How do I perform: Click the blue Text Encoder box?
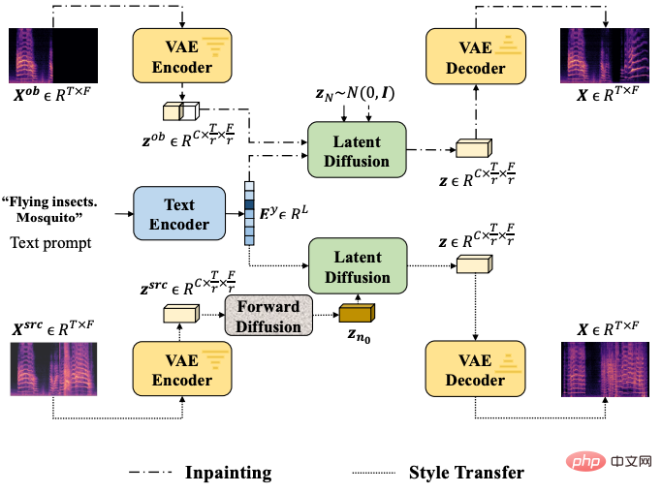pos(179,213)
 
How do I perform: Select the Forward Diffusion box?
pos(268,316)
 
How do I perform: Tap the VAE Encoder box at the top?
pos(182,55)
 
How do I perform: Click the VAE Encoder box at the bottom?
pos(182,369)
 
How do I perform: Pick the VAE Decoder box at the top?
pos(476,56)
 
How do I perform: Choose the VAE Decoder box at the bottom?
pos(475,369)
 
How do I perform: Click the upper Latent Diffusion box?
pos(357,150)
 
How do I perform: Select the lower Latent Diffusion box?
pos(358,265)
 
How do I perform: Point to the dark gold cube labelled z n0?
pos(357,314)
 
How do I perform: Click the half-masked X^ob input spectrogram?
pos(53,55)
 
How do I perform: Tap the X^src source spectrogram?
pos(53,369)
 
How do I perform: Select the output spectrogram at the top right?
pos(605,55)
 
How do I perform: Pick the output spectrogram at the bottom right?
pos(605,369)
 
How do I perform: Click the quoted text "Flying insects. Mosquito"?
pos(49,209)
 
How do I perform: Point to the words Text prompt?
pos(50,243)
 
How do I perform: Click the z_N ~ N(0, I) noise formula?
pos(355,94)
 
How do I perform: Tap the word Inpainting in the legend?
pos(229,473)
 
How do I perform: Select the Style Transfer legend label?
pos(466,473)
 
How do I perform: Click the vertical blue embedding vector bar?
pos(249,213)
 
